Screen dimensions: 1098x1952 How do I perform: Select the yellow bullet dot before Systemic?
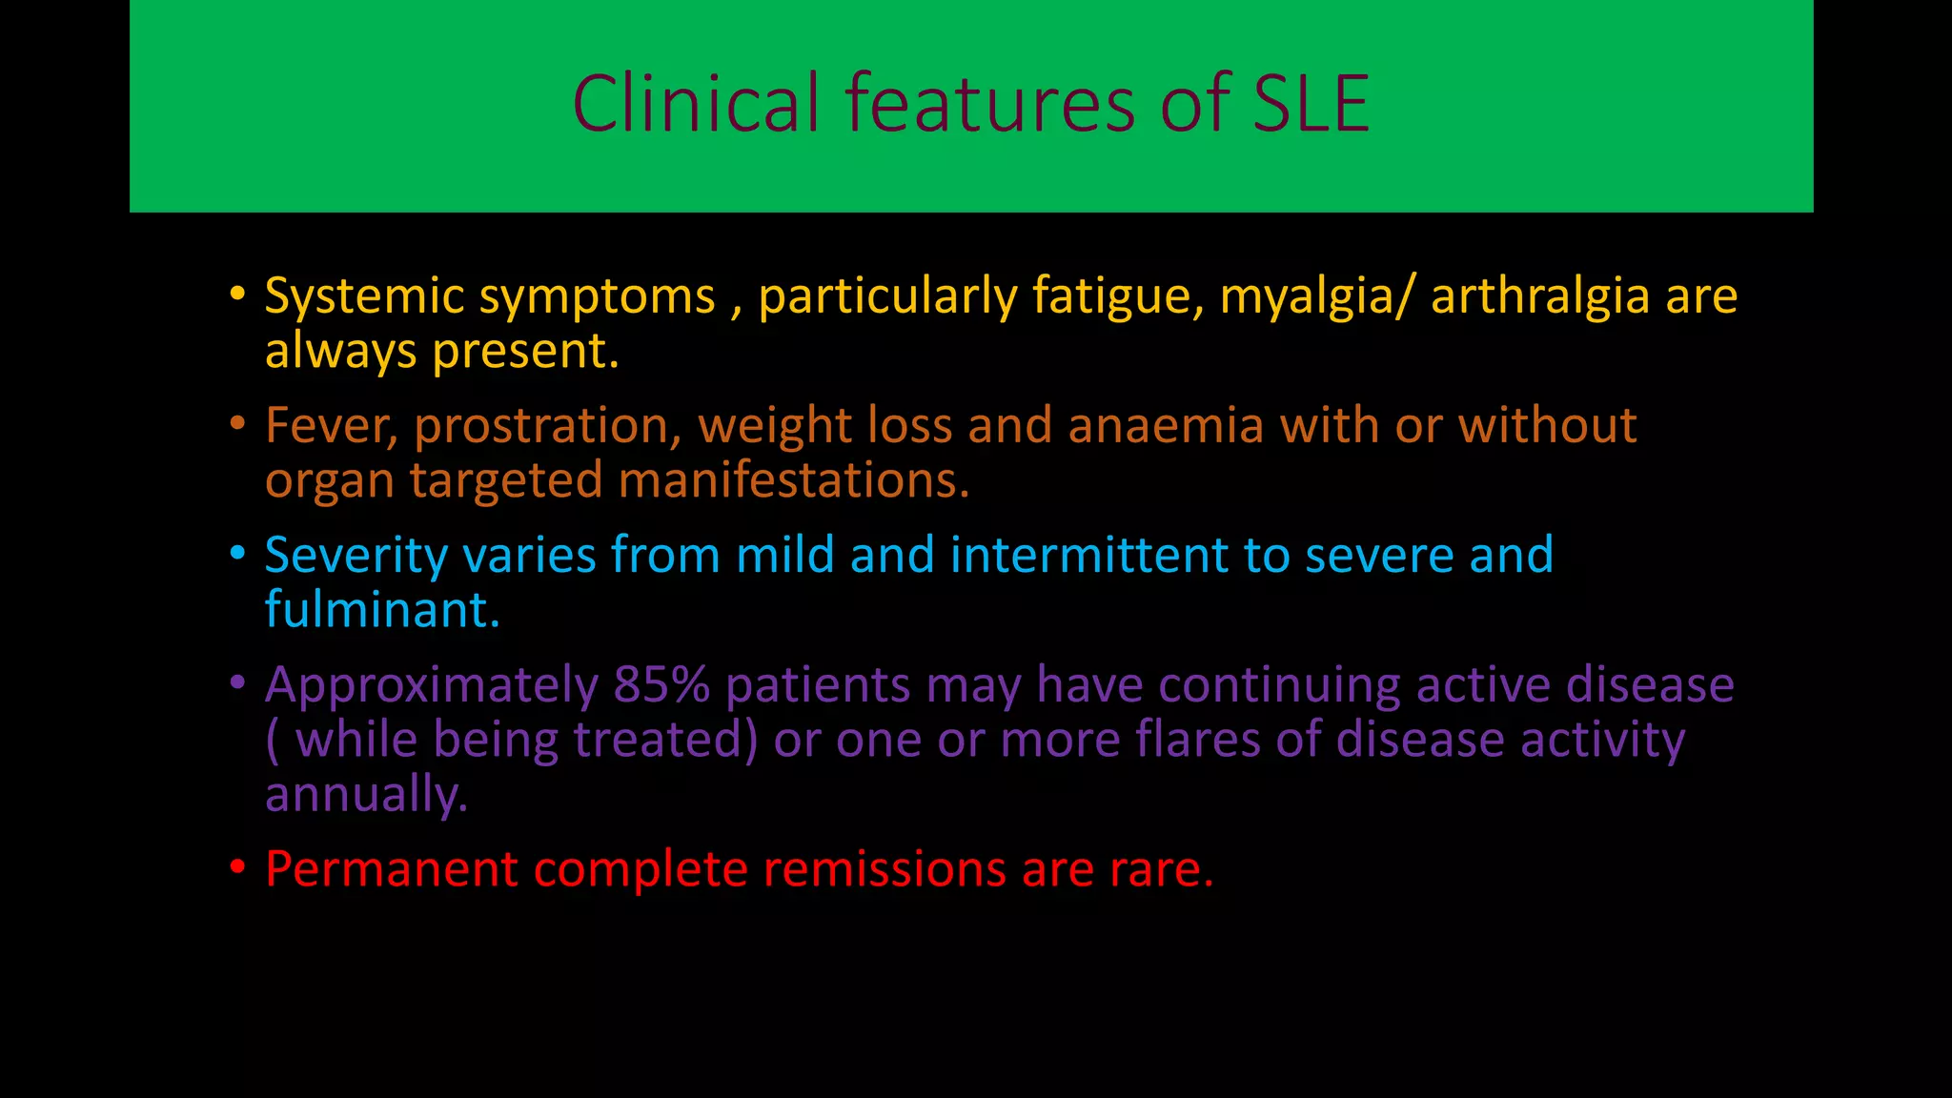coord(237,293)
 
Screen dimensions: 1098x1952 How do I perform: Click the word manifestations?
coord(793,479)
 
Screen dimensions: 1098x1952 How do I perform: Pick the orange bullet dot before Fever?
coord(237,422)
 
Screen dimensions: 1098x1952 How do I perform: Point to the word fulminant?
coord(381,609)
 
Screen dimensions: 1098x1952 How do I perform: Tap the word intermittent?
coord(1089,555)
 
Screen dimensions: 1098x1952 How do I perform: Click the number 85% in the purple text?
coord(661,684)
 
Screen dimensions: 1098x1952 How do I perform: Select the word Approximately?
coord(431,684)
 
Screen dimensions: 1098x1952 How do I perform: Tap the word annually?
coord(366,794)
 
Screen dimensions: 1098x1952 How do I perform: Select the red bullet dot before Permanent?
coord(237,867)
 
